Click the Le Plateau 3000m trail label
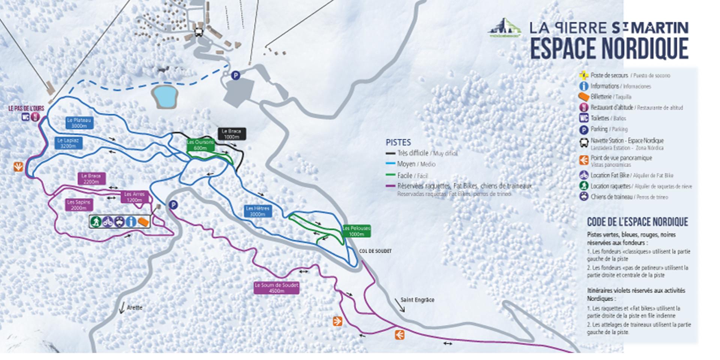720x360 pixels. click(x=79, y=123)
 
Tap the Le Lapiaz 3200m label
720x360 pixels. click(x=68, y=143)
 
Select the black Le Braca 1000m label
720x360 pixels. click(x=231, y=134)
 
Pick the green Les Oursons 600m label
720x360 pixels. click(x=201, y=145)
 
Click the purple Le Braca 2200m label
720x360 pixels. click(x=91, y=178)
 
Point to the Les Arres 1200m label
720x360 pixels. click(x=134, y=197)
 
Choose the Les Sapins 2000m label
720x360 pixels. click(x=79, y=205)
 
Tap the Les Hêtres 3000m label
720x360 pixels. click(x=258, y=211)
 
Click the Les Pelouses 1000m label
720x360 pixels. click(x=356, y=231)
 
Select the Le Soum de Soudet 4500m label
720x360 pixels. click(x=276, y=288)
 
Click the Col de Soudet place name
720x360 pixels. click(x=375, y=251)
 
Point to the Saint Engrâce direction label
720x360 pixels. click(x=417, y=300)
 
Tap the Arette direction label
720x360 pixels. click(x=134, y=307)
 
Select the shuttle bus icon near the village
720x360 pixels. click(x=198, y=31)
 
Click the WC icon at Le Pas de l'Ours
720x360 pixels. click(x=25, y=117)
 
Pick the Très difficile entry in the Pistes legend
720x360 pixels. click(x=412, y=153)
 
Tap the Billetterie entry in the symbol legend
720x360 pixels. click(x=601, y=97)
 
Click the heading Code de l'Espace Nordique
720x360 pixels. click(x=637, y=222)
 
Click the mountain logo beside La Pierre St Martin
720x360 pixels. click(x=505, y=28)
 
